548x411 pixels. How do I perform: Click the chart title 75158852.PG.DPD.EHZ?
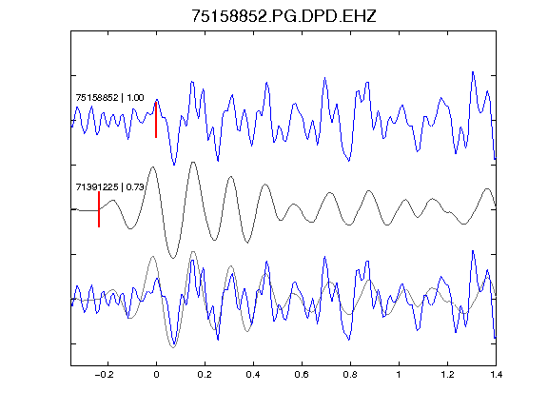(x=284, y=16)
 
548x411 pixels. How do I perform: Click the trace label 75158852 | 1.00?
(x=109, y=97)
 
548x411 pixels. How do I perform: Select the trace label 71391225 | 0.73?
(x=110, y=187)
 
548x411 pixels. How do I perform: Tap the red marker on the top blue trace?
(x=156, y=120)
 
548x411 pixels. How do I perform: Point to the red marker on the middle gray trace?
(x=99, y=209)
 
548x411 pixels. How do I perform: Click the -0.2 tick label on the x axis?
(x=105, y=375)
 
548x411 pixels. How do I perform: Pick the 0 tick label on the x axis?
(x=156, y=375)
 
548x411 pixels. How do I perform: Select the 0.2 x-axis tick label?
(x=205, y=375)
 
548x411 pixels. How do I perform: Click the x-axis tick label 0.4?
(x=253, y=375)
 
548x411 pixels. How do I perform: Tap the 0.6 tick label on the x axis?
(x=302, y=375)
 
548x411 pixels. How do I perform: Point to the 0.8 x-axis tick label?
(x=350, y=375)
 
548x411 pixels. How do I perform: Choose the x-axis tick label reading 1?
(x=399, y=375)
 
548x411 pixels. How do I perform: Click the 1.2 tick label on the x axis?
(x=447, y=375)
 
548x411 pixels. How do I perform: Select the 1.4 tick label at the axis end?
(x=496, y=375)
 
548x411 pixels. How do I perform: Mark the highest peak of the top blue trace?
(x=473, y=72)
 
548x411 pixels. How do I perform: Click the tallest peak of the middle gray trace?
(x=192, y=163)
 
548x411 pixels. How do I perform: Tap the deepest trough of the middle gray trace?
(x=172, y=258)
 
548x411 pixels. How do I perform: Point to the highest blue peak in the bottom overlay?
(x=473, y=251)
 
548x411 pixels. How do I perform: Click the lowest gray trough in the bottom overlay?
(x=173, y=347)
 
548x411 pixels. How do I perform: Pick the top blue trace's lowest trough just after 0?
(x=174, y=165)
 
